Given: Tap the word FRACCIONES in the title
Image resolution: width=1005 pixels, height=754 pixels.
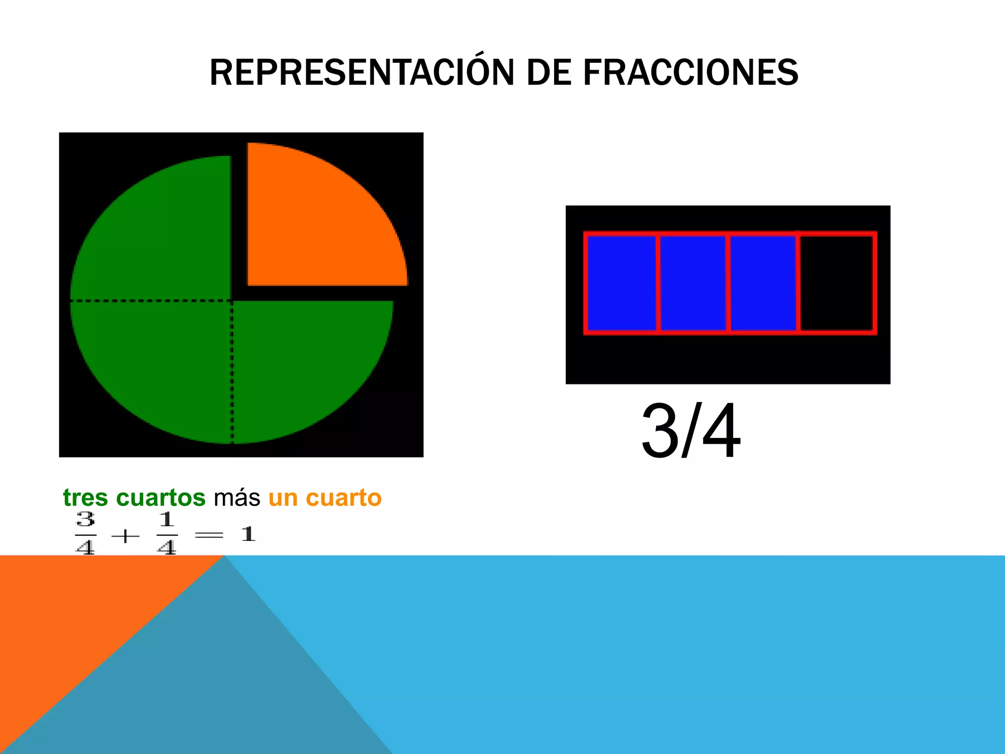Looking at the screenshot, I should click(690, 73).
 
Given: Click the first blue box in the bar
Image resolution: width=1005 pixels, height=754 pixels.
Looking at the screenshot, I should click(621, 283).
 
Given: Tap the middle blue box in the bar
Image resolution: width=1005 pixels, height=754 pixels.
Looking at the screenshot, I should click(692, 283).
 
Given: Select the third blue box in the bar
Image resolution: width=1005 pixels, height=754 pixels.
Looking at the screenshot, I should click(763, 283).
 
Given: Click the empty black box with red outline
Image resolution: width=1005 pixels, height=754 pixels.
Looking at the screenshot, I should click(837, 283).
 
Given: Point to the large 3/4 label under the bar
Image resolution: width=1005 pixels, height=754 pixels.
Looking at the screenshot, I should click(691, 431).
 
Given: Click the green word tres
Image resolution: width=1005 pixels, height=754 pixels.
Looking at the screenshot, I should click(85, 498).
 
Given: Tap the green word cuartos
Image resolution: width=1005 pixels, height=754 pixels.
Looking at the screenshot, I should click(160, 498).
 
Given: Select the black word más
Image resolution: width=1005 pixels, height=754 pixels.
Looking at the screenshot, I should click(237, 498).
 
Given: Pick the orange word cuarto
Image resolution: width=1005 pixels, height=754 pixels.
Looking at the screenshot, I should click(344, 498).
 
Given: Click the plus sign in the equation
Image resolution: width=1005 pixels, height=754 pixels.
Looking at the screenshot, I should click(125, 536).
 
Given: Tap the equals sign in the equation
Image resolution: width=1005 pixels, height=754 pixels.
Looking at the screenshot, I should click(209, 535).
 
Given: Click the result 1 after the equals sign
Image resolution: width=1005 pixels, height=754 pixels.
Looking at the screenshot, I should click(248, 534).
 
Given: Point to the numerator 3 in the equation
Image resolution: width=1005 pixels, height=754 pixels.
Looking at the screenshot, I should click(85, 519).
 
